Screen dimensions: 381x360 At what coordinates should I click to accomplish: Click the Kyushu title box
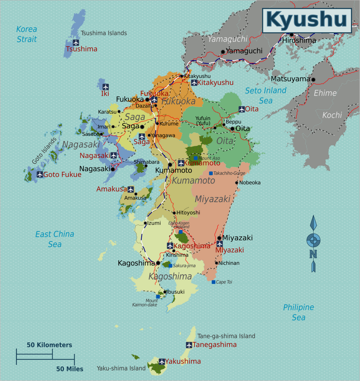(x=307, y=20)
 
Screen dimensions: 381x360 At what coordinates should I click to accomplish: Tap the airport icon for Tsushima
(x=76, y=43)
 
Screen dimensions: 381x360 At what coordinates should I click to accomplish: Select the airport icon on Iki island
(x=106, y=87)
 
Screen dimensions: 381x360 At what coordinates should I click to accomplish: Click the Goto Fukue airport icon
(x=40, y=174)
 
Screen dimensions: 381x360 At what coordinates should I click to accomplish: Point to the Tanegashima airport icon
(x=189, y=345)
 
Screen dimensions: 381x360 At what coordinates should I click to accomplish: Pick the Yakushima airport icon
(x=162, y=361)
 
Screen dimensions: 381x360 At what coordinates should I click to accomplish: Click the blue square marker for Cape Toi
(x=213, y=282)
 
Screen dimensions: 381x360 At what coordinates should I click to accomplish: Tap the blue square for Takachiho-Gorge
(x=211, y=173)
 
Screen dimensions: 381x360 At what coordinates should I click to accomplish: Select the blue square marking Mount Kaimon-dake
(x=158, y=296)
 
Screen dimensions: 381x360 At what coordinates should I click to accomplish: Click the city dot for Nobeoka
(x=237, y=183)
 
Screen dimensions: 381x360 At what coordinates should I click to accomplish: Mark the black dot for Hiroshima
(x=291, y=35)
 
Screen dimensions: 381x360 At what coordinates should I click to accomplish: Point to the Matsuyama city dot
(x=313, y=79)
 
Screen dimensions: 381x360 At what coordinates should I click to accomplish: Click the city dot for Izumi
(x=145, y=223)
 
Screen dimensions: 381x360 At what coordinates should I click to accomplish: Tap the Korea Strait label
(x=27, y=34)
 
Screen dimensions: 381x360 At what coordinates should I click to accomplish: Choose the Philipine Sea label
(x=298, y=312)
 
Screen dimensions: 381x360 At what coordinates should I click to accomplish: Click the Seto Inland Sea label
(x=266, y=95)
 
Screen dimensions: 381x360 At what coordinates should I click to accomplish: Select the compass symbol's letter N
(x=313, y=254)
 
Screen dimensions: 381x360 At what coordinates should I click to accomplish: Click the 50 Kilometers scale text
(x=49, y=345)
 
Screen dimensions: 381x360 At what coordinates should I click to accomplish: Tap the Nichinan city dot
(x=216, y=263)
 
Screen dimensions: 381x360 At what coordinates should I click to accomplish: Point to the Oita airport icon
(x=242, y=109)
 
